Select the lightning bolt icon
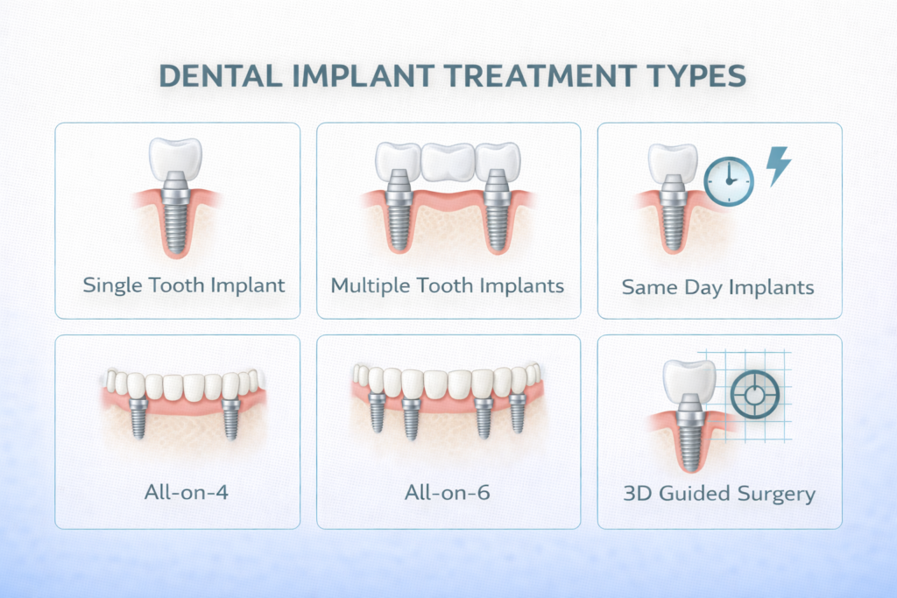tap(778, 165)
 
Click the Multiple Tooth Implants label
tap(448, 285)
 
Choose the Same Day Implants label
tap(718, 286)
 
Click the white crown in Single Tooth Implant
tap(177, 158)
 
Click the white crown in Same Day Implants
tap(672, 161)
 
